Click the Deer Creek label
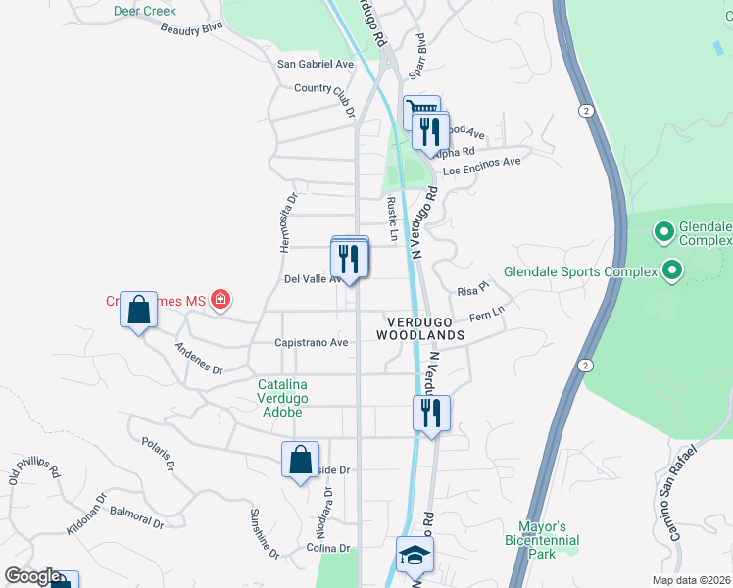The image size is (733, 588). coord(144,11)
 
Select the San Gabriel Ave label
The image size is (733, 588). coord(315,64)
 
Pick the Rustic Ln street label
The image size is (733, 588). coord(392,219)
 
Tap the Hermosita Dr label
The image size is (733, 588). coord(287,222)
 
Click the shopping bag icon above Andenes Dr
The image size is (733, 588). coord(138,310)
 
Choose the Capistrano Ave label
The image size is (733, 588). coord(312,343)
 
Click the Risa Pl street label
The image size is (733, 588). coord(473,291)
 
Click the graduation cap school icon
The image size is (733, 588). coord(415,556)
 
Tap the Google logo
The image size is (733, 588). coord(33,576)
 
